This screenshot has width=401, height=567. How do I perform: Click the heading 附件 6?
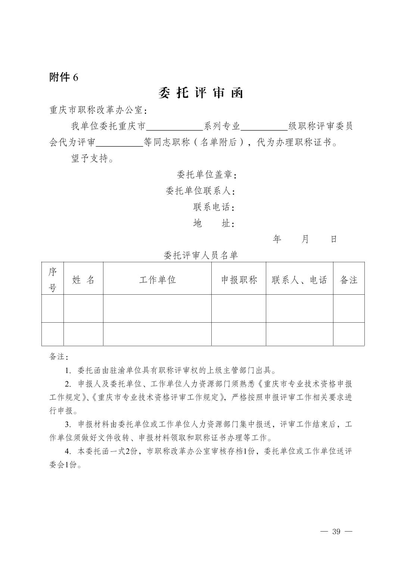coord(64,77)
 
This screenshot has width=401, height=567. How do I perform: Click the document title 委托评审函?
coord(200,93)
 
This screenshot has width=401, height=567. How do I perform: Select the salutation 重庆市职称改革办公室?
coord(98,110)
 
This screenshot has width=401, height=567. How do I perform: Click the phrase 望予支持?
coord(92,159)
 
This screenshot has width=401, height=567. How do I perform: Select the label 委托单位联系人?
coord(200,191)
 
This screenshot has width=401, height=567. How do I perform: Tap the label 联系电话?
coord(214,207)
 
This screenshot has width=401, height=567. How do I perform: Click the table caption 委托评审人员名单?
coord(201,255)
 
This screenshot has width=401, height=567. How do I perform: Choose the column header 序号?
coord(53,279)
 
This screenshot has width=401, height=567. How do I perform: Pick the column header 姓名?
coord(83,280)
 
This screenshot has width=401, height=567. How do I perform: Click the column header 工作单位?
coord(157,280)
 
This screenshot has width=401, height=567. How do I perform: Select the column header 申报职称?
coord(239,280)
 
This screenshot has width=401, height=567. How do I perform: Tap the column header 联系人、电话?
coord(299,280)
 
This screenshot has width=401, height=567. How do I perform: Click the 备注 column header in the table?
coord(349,280)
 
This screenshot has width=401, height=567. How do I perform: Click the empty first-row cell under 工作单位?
coord(157,308)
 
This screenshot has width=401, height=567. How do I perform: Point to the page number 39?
coord(336,532)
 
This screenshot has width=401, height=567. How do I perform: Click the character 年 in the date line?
coord(277,239)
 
